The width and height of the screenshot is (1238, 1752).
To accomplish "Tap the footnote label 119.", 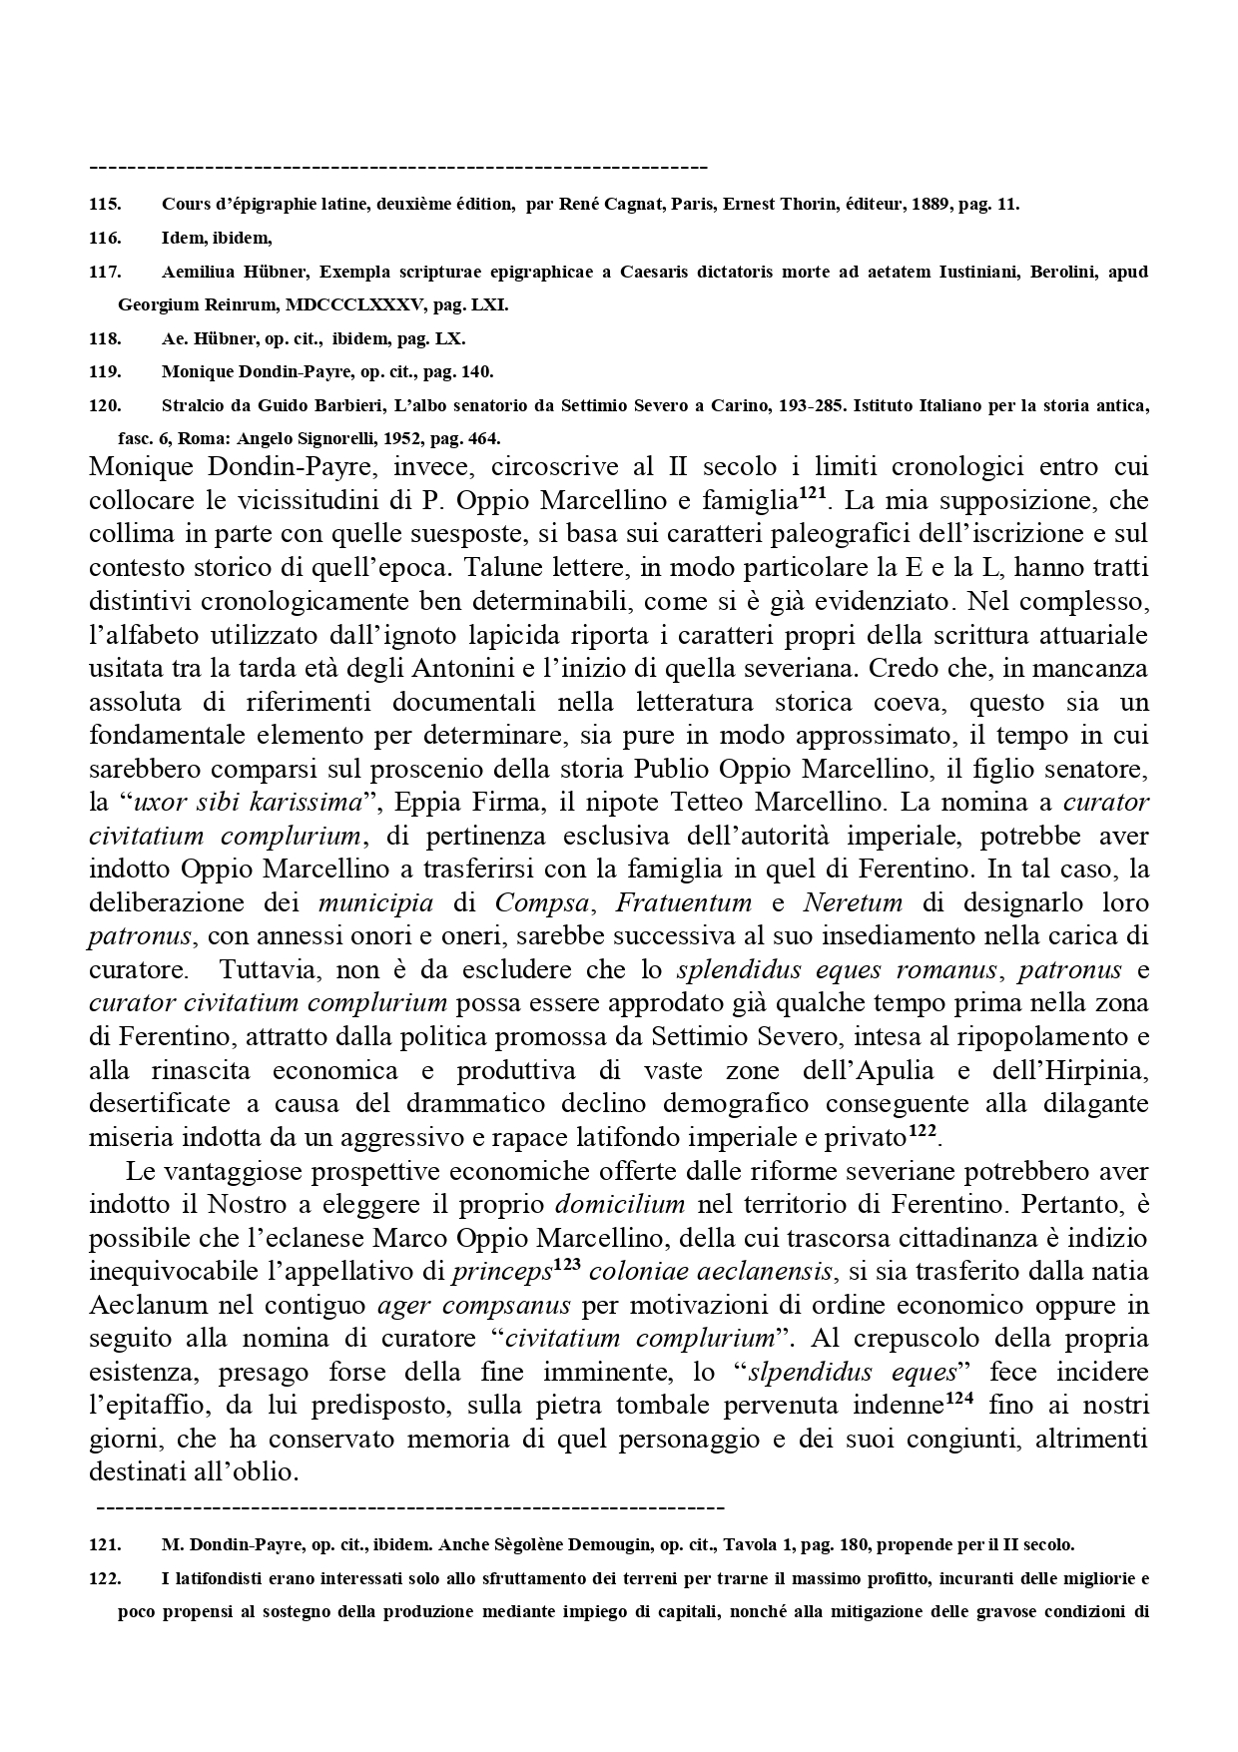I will tap(105, 371).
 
